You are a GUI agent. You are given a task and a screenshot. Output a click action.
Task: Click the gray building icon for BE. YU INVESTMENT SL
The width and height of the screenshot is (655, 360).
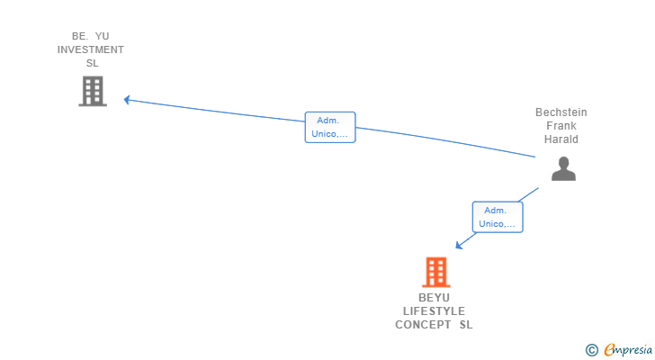93,91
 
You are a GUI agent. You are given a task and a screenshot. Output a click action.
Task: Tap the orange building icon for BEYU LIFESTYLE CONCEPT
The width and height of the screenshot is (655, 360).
435,272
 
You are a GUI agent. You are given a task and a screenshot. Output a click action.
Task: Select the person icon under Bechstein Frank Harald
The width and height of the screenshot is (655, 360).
563,168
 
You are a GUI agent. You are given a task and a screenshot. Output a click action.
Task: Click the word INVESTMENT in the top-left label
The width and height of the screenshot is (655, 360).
91,49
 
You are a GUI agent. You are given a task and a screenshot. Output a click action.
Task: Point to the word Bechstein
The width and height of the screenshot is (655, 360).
561,112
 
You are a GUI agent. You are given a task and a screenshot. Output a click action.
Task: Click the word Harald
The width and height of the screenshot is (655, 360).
561,139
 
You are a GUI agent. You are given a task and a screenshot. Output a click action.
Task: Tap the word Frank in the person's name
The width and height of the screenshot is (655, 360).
561,126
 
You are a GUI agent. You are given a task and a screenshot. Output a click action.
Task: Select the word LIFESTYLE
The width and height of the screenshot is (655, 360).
434,311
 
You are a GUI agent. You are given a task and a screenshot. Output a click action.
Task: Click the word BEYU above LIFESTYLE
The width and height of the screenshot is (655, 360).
434,298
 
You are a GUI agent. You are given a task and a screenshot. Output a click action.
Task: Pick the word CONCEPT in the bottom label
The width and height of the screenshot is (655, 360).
423,325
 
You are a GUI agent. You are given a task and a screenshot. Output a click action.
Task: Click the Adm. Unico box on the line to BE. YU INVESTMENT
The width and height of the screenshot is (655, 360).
330,127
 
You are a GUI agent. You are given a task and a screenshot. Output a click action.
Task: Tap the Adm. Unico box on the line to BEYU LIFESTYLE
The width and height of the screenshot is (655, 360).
498,217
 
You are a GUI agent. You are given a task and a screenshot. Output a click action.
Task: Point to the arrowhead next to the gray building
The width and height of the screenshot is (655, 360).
128,100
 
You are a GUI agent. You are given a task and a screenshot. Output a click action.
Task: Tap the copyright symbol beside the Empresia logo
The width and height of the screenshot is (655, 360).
591,350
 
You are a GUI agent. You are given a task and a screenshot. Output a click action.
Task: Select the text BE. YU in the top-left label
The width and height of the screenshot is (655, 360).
91,36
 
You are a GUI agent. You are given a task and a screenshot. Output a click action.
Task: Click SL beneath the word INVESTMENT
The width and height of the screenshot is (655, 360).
92,63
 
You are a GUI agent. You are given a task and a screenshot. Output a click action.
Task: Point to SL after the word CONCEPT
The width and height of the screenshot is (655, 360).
465,325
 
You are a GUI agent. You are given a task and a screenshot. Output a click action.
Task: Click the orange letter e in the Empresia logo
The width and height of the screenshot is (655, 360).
609,349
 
